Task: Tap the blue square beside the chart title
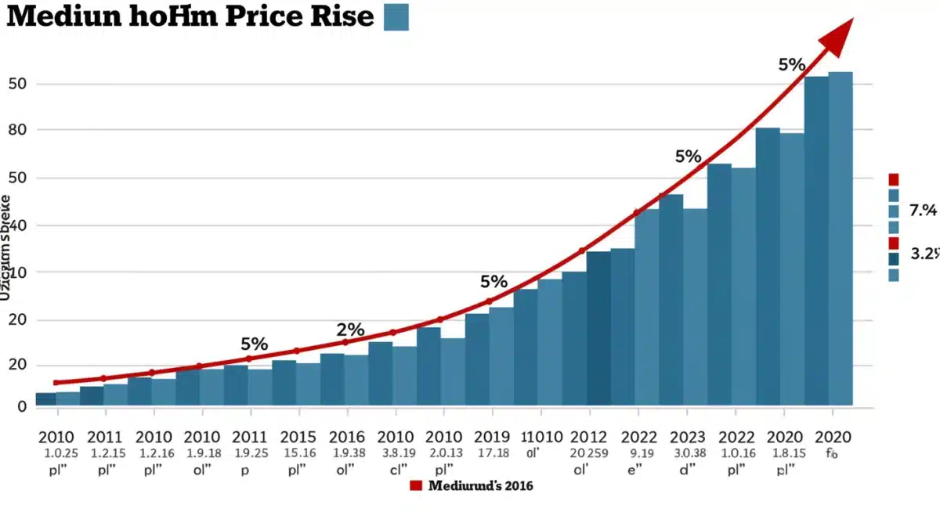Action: (396, 16)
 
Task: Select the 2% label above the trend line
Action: (350, 330)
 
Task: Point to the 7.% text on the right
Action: (922, 210)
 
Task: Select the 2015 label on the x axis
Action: (298, 437)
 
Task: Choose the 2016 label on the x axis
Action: (346, 437)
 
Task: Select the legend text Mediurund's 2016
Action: (480, 486)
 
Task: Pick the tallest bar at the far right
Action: (841, 239)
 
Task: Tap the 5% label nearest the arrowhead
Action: (791, 65)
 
